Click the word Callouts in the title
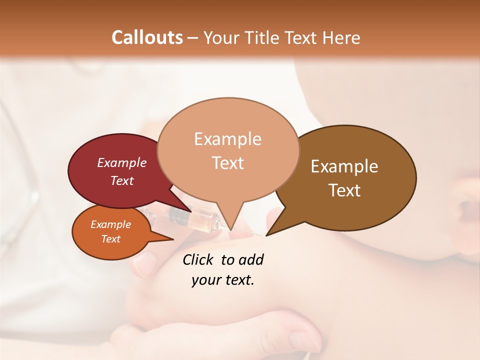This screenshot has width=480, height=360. (147, 37)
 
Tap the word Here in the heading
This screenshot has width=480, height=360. (341, 38)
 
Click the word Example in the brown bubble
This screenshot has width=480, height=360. (344, 166)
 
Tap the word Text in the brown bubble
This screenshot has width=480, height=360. (344, 190)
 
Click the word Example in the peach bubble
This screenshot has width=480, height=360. (227, 139)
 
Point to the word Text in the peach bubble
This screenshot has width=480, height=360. (228, 163)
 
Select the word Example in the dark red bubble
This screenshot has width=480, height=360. (122, 162)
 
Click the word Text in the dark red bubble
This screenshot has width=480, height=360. (122, 180)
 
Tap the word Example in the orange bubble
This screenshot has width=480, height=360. (110, 224)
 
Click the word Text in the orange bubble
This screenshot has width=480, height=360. (110, 239)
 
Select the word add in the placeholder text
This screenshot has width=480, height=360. (250, 259)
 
